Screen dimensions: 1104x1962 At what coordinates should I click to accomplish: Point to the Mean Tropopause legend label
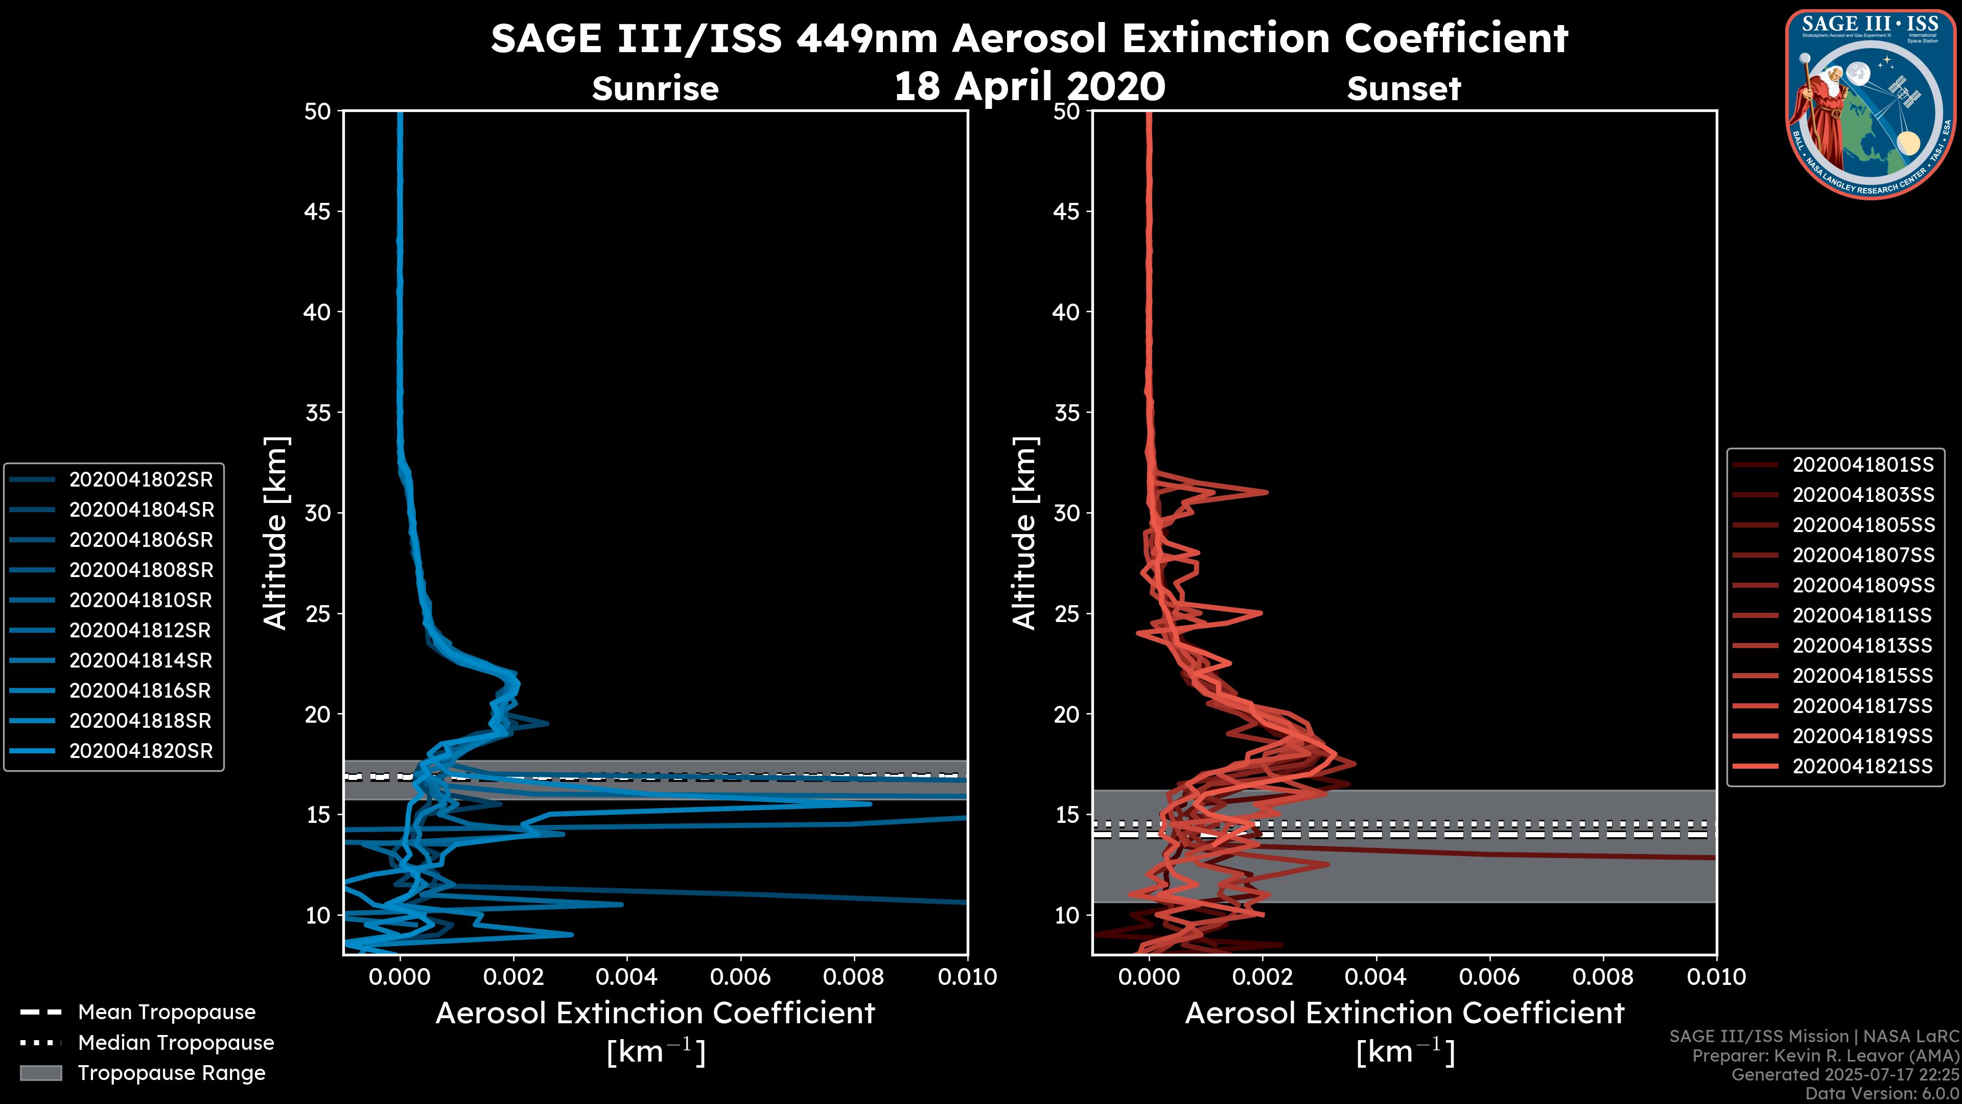[x=167, y=1012]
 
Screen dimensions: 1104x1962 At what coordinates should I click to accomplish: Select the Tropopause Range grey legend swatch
[x=41, y=1073]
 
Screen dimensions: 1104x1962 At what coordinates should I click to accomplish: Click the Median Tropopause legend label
[x=176, y=1042]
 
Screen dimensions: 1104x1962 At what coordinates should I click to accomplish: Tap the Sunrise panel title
[x=655, y=89]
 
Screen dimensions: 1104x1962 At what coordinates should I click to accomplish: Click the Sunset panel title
[x=1404, y=89]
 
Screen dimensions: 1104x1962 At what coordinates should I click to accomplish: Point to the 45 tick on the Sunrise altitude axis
[x=318, y=211]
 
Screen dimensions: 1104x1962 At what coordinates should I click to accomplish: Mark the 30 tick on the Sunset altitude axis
[x=1067, y=513]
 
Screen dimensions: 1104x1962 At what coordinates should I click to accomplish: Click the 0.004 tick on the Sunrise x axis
[x=626, y=977]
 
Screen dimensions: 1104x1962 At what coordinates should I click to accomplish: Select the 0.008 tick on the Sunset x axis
[x=1602, y=977]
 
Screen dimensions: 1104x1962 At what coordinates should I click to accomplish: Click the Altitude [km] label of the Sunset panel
[x=1024, y=533]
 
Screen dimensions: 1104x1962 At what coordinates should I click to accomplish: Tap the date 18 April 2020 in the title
[x=1029, y=86]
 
